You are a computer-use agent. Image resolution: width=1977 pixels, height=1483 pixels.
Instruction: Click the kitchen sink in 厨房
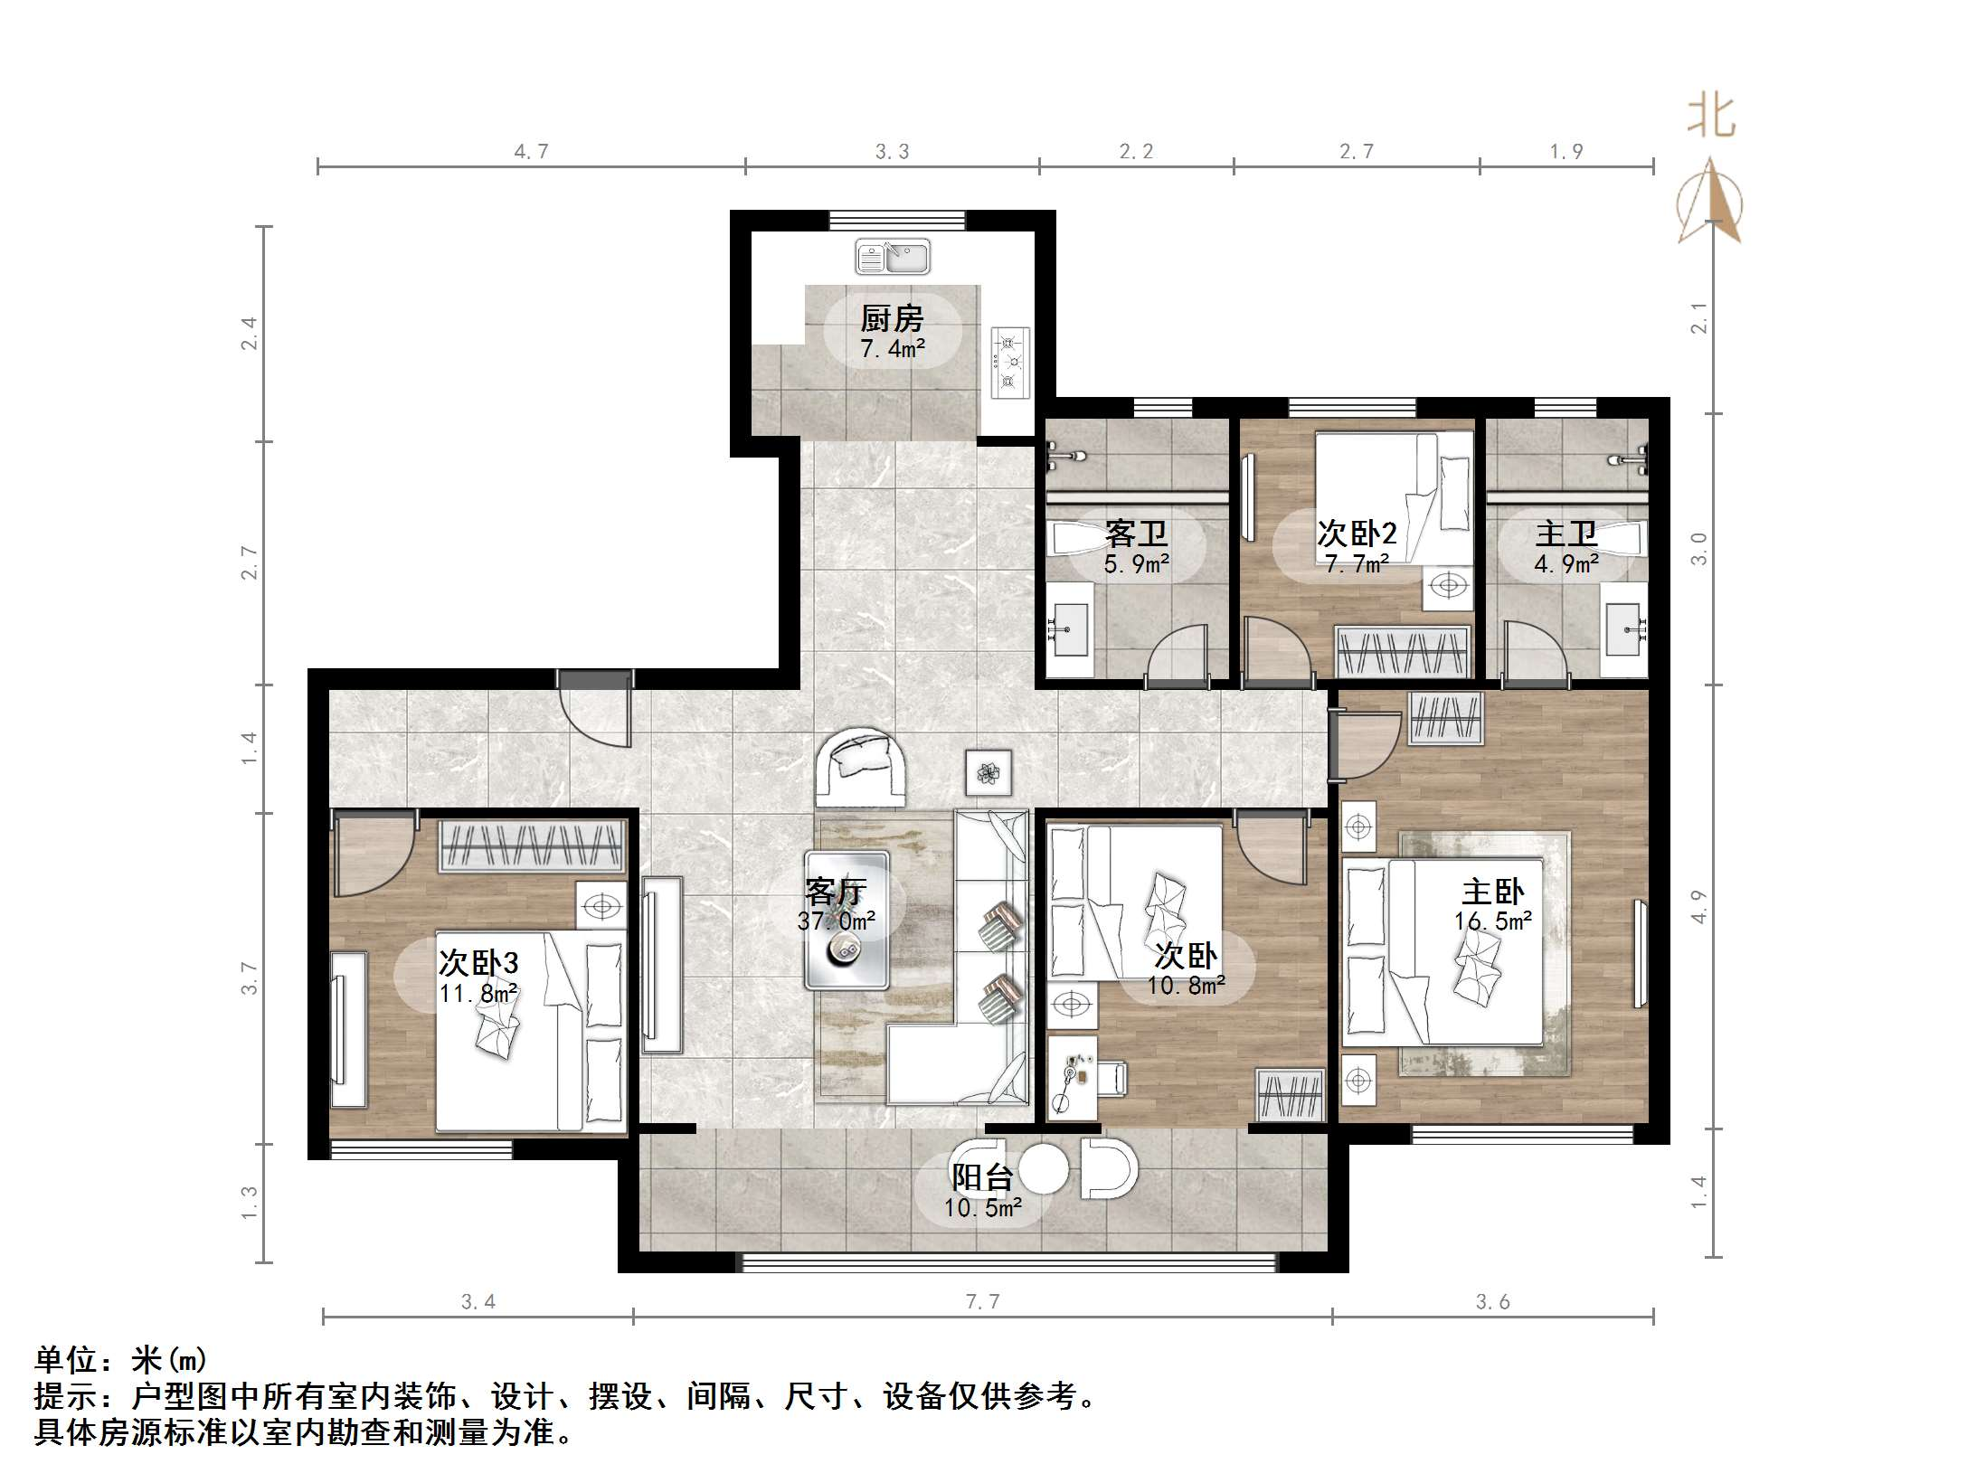(893, 258)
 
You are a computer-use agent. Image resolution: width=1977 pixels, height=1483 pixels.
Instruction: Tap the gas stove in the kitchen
(1010, 363)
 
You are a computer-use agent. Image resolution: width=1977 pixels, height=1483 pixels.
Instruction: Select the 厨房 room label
(892, 318)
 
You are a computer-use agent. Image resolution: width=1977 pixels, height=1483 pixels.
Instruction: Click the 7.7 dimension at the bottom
(982, 1301)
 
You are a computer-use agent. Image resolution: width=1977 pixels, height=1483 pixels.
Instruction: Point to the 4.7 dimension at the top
(531, 152)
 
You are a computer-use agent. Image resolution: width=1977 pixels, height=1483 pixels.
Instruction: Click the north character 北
(1710, 118)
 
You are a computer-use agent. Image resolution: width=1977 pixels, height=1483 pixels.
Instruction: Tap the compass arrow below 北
(1710, 203)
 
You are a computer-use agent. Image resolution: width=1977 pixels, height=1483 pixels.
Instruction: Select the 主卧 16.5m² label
(1492, 905)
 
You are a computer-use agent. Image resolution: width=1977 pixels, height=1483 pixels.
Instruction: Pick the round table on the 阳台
(1044, 1169)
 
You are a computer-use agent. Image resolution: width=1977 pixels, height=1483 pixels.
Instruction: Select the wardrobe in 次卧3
(533, 845)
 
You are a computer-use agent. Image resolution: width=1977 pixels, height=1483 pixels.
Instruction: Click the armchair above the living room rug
(861, 769)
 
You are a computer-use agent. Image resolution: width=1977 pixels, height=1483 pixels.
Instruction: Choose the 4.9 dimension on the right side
(1699, 907)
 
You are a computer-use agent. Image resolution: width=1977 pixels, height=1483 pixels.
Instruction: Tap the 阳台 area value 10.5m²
(982, 1207)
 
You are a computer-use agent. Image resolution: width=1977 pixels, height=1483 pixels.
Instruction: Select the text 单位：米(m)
(121, 1359)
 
